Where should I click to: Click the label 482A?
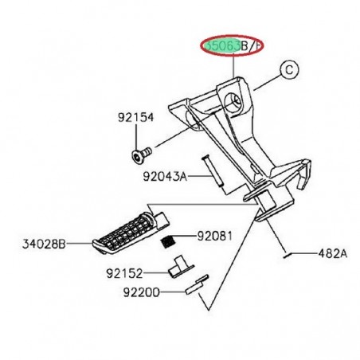click(334, 255)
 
